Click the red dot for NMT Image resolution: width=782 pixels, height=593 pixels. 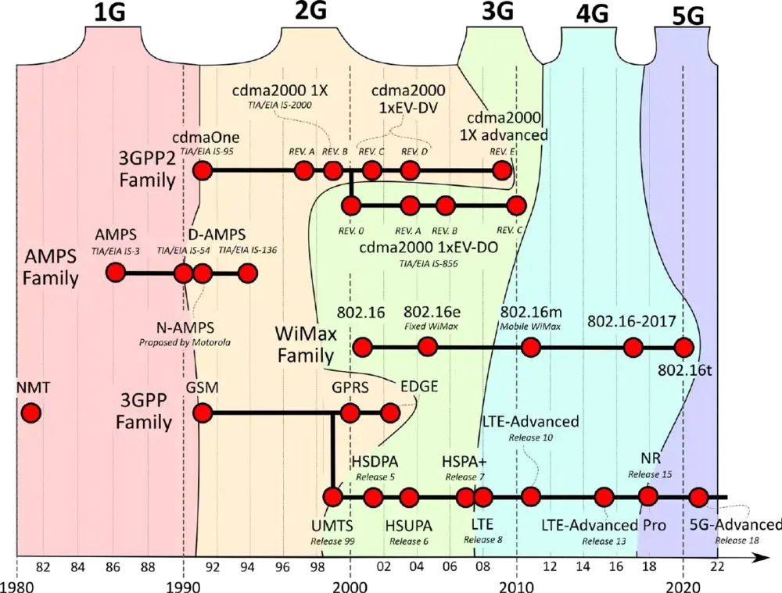[30, 413]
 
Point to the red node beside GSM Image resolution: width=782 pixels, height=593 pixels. [203, 413]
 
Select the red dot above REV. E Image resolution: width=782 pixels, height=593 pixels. [501, 170]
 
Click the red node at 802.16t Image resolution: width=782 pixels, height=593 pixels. [684, 348]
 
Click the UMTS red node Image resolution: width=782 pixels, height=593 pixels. [333, 497]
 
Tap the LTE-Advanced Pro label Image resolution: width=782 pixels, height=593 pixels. [603, 525]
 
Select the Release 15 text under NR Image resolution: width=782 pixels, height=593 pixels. [644, 473]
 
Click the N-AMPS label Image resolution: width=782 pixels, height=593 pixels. [185, 327]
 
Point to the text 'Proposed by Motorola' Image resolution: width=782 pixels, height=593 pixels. [185, 342]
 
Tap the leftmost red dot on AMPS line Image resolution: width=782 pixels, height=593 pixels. [117, 273]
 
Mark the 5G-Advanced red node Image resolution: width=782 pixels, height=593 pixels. [699, 497]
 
